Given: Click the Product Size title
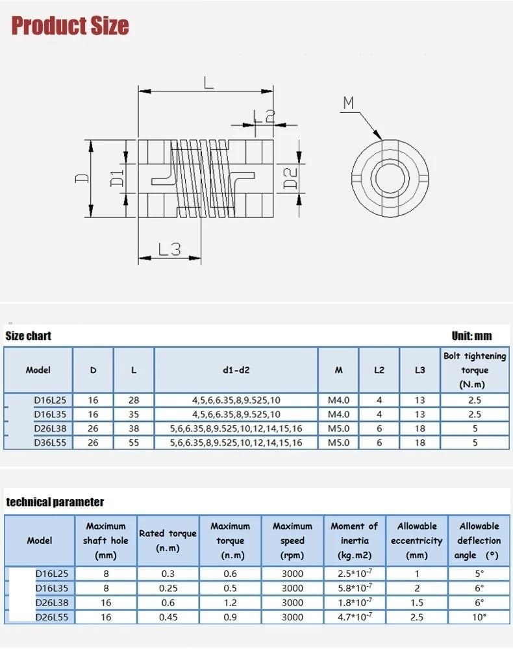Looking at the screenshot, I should (x=70, y=26).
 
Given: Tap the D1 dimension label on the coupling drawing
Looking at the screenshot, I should (x=118, y=177).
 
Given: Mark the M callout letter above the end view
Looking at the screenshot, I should (x=349, y=103).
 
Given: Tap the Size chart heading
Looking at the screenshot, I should (x=28, y=336).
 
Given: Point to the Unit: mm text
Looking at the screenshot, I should (x=471, y=336).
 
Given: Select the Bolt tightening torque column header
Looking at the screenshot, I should (x=475, y=370).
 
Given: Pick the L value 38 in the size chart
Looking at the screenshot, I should (x=134, y=428).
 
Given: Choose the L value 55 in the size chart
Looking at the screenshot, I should (x=134, y=443).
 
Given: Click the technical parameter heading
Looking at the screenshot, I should (x=55, y=502).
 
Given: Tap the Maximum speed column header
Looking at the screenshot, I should (x=292, y=540).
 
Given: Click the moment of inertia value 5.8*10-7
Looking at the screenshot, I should (x=353, y=588).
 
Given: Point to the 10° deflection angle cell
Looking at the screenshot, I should (x=479, y=617).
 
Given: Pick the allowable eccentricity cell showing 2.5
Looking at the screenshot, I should (x=417, y=617).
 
